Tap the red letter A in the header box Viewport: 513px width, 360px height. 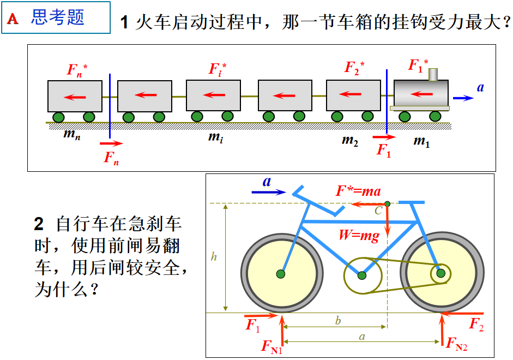point(13,19)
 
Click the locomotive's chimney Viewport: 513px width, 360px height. point(433,74)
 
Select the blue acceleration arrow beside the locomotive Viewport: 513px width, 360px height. point(463,98)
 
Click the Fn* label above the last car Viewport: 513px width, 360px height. point(77,69)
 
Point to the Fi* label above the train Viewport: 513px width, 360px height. point(217,69)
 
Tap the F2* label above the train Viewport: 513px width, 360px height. point(354,68)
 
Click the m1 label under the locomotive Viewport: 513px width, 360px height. point(421,141)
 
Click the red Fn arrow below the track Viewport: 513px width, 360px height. point(112,144)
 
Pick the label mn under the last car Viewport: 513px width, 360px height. point(71,135)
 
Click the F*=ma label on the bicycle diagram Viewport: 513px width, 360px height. point(358,191)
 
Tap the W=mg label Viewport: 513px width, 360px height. point(358,236)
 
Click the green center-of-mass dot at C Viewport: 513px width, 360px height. point(387,204)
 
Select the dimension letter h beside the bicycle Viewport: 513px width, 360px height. point(214,257)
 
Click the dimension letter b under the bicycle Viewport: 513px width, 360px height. point(338,321)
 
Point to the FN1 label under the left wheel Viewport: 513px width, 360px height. point(271,347)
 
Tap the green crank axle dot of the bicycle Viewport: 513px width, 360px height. point(362,275)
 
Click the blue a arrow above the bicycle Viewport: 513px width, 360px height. point(269,191)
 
